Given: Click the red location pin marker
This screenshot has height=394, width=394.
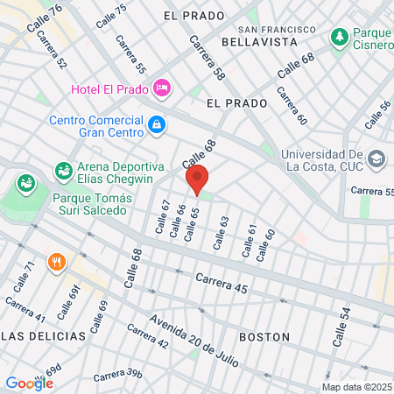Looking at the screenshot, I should pyautogui.click(x=198, y=179).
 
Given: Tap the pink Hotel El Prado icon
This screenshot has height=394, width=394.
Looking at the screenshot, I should pyautogui.click(x=161, y=88).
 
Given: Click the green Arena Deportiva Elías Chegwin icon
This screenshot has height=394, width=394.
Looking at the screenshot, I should pyautogui.click(x=63, y=169).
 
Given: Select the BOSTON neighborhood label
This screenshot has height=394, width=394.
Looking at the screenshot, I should pyautogui.click(x=264, y=336).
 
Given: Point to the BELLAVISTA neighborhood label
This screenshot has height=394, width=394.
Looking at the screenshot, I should pyautogui.click(x=256, y=41).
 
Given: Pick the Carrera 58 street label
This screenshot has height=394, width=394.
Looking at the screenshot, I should pyautogui.click(x=207, y=57).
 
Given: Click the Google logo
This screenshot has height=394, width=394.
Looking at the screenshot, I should pyautogui.click(x=29, y=383).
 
